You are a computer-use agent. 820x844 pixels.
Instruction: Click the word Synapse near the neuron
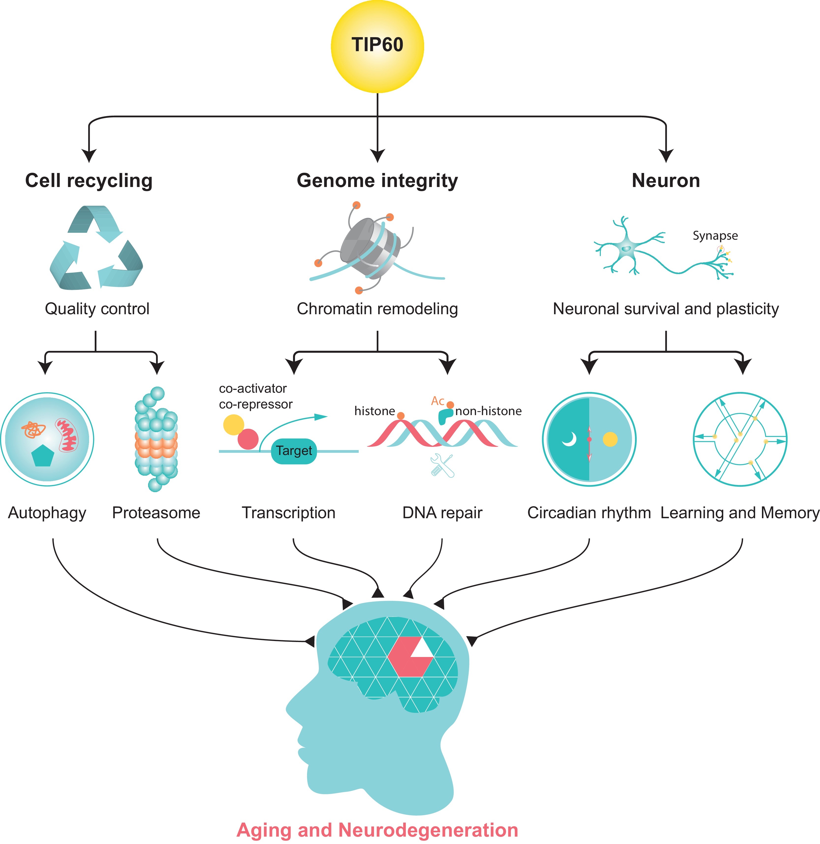click(715, 236)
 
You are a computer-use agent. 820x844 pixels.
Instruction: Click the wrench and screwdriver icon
click(442, 466)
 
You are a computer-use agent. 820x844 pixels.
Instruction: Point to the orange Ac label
click(438, 401)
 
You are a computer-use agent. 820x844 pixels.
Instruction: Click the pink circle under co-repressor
click(248, 439)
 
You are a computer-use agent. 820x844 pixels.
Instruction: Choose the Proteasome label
click(156, 513)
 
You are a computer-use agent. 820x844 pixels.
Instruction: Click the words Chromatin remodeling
click(377, 309)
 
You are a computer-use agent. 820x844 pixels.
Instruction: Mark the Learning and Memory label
click(740, 513)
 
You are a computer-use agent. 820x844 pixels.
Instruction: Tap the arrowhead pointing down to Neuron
click(666, 155)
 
